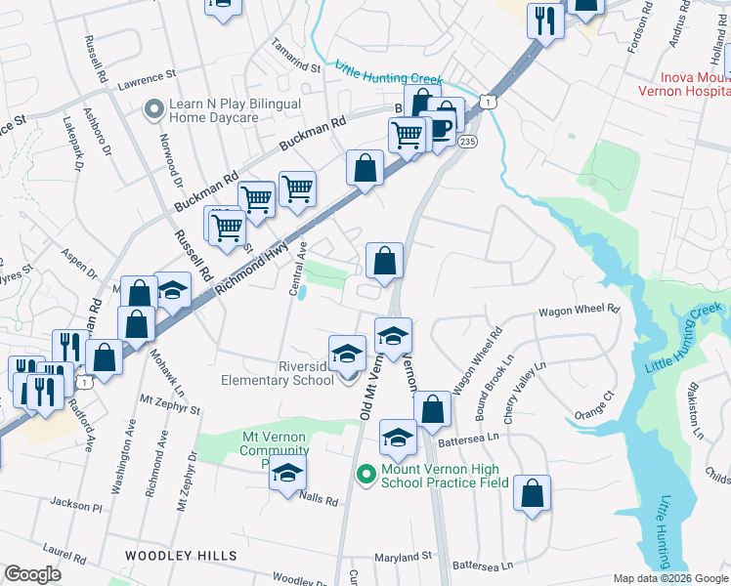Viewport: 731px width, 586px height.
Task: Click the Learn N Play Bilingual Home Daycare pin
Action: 152,109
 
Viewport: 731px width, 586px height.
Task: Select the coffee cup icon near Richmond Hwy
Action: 441,127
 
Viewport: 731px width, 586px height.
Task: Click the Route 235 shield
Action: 467,142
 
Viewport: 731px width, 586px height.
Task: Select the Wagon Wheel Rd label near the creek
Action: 579,310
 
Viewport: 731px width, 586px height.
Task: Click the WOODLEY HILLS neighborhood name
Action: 180,556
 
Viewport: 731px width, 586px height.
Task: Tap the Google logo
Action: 33,574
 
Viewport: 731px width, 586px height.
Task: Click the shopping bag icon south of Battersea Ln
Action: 533,495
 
